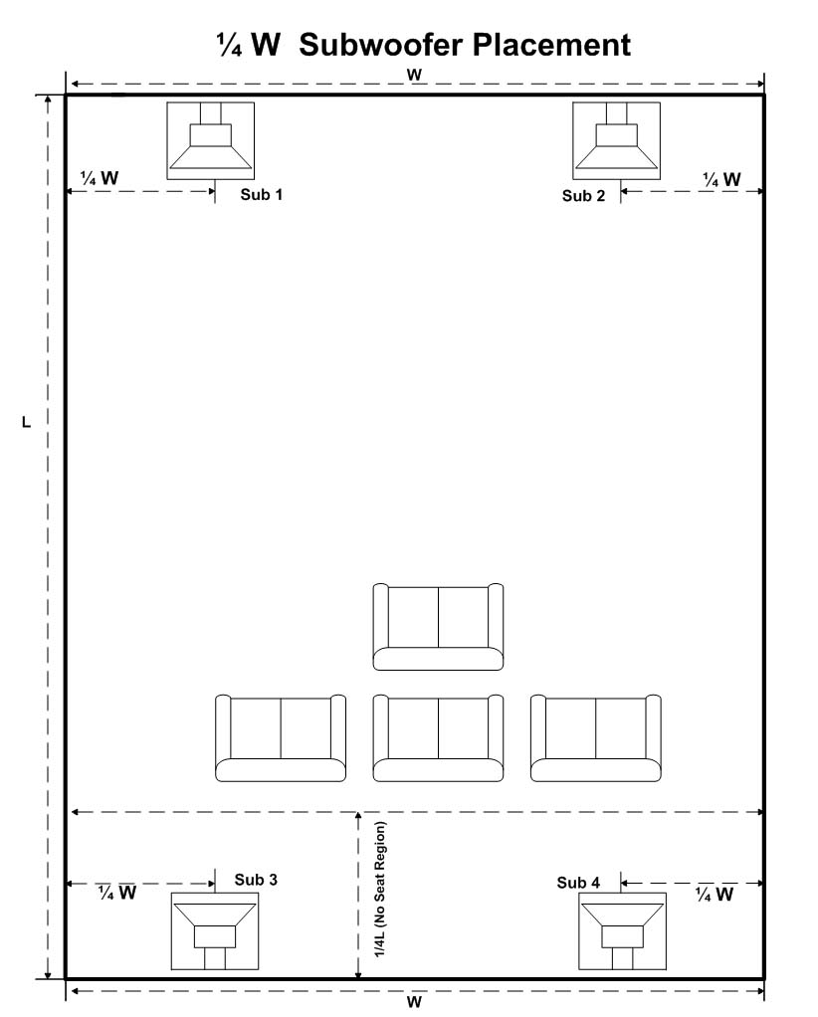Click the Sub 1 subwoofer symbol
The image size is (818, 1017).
(210, 140)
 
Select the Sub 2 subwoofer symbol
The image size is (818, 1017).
(616, 140)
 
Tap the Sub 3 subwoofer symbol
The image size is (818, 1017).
(215, 930)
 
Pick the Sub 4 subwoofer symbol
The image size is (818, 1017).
(622, 930)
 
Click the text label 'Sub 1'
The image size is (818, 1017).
(262, 195)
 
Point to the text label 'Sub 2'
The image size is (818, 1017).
(583, 196)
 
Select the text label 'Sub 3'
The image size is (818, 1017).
(256, 880)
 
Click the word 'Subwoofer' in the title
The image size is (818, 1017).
(376, 45)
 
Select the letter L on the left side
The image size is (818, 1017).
(27, 422)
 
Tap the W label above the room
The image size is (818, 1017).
(414, 75)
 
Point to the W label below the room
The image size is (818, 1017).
(414, 1001)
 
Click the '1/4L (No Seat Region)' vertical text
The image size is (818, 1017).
(380, 890)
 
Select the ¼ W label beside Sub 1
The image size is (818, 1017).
(100, 178)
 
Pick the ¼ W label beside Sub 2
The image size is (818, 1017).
(721, 179)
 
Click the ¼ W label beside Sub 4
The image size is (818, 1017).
(715, 894)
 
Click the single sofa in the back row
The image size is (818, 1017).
(438, 627)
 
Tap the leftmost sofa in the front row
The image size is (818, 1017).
(281, 737)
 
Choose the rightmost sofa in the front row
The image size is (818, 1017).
(595, 737)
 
